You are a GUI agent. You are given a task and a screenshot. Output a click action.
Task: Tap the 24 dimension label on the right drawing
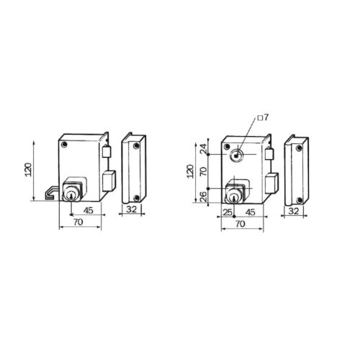coord(204,149)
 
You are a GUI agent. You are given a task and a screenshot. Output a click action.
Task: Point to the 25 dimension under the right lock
coord(228,212)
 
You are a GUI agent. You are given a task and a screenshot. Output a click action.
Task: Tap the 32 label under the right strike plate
coord(294,211)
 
